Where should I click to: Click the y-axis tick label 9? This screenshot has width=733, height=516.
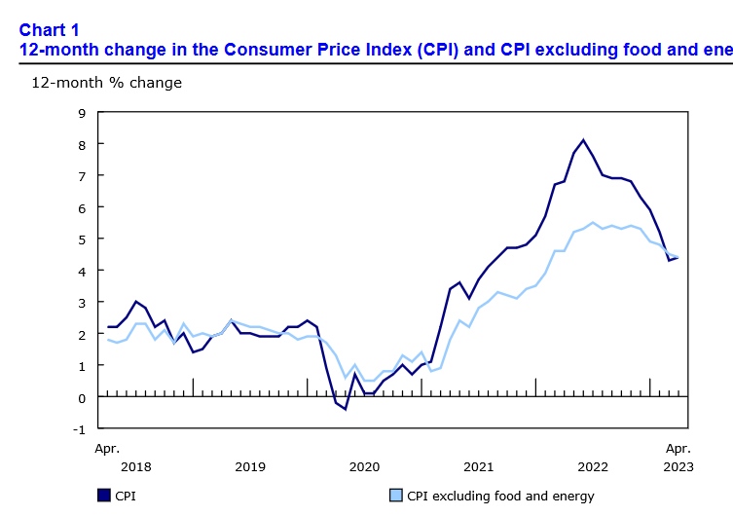click(x=82, y=113)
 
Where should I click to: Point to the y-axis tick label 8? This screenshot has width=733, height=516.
click(x=82, y=144)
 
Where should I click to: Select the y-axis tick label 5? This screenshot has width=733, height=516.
click(x=82, y=240)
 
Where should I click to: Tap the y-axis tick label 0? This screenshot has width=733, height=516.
click(x=82, y=397)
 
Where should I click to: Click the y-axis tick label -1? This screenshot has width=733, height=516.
click(x=79, y=429)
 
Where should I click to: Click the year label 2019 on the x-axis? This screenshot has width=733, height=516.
click(x=250, y=466)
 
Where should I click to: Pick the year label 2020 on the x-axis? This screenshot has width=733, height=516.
click(x=364, y=466)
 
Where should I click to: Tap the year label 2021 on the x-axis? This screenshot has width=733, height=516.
click(x=478, y=466)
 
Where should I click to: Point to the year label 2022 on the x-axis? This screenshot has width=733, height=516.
click(x=592, y=466)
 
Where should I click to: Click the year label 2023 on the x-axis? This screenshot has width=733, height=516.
click(x=678, y=466)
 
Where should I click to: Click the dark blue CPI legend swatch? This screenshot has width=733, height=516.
click(x=103, y=496)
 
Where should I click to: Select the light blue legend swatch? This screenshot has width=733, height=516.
click(x=396, y=496)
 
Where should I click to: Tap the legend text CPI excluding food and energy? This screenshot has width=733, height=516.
click(x=500, y=496)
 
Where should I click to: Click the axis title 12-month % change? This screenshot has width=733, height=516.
click(x=107, y=83)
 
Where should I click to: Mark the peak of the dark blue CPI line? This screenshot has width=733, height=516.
click(x=583, y=140)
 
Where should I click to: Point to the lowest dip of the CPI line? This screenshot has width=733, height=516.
click(x=345, y=409)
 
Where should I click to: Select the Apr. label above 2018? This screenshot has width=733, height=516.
click(x=107, y=449)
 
